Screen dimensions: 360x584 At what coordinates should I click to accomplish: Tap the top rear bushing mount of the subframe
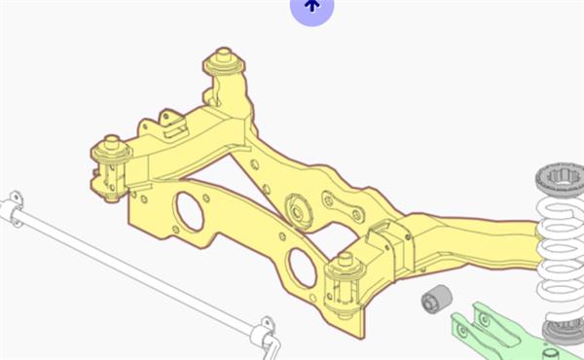coord(224,64)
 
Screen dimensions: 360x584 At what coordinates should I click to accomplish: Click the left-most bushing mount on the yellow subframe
coord(110,156)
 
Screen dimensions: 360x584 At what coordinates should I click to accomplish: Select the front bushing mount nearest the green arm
coord(344,273)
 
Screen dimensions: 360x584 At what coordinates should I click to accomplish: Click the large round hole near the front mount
coord(303,268)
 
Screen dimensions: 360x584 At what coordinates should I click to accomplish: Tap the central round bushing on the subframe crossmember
coord(297,209)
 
